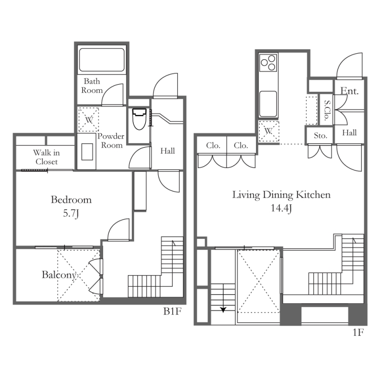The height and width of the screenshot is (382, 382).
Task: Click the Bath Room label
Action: click(92, 85)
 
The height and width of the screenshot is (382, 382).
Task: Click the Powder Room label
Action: click(111, 140)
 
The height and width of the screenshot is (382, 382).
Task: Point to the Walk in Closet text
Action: click(45, 158)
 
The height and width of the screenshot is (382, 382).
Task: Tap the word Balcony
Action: click(59, 275)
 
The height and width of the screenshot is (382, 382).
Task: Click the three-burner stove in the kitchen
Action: click(268, 63)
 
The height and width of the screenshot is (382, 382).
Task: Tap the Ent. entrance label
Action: click(350, 91)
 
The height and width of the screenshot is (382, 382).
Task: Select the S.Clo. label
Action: click(327, 110)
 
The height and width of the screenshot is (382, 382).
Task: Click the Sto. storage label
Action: click(320, 136)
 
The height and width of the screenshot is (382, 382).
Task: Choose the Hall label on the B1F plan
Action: click(167, 151)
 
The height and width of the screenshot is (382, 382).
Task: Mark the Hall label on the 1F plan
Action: click(350, 133)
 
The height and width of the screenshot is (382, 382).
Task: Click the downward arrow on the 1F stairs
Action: click(223, 308)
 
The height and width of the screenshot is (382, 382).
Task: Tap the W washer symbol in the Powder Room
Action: click(89, 119)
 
